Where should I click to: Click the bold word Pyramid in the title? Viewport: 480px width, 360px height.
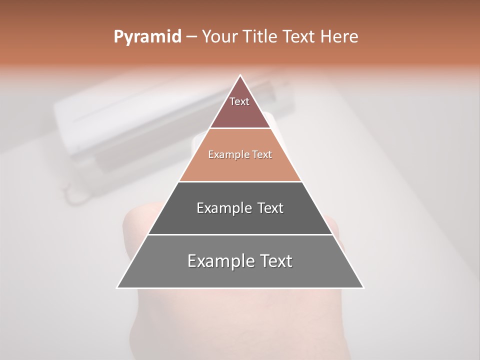coord(147,37)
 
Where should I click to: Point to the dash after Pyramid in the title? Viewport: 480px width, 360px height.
coord(191,37)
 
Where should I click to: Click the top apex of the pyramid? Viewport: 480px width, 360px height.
coord(240,75)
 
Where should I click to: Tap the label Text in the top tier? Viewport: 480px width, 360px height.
coord(239,101)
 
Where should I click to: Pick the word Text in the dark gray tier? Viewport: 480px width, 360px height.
coord(270,208)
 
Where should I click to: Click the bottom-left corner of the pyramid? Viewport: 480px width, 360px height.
coord(117,287)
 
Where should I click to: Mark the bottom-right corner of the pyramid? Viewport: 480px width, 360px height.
coord(363,287)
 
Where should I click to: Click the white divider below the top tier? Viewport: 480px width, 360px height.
coord(240,128)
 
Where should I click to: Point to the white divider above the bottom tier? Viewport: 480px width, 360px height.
coord(240,234)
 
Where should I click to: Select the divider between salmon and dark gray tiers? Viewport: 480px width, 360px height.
coord(240,181)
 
